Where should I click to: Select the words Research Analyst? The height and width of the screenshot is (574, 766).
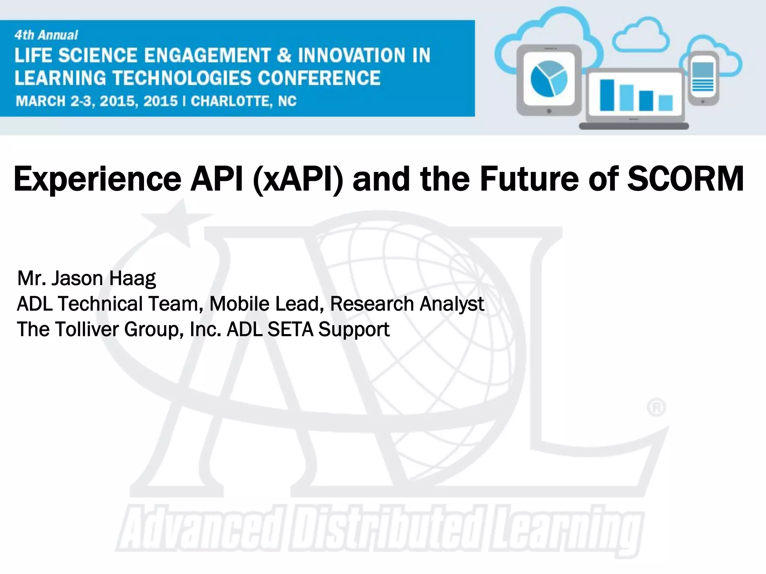click(407, 304)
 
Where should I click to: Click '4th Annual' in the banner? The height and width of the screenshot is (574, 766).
click(46, 35)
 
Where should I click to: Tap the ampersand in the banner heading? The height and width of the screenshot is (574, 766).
click(284, 56)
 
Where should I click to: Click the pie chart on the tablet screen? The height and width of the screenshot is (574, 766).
click(549, 78)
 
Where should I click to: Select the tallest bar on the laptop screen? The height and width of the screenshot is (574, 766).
click(607, 95)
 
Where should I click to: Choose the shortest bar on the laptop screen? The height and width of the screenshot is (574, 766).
click(665, 103)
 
